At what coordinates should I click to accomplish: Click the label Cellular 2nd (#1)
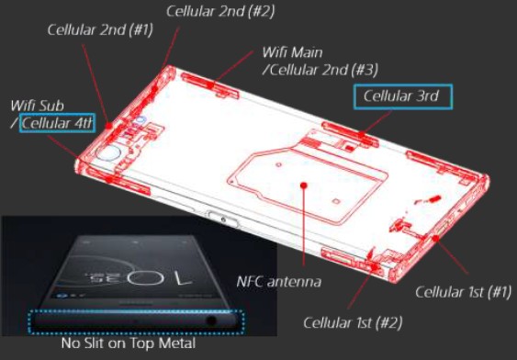point(100,30)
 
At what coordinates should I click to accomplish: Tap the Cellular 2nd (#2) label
point(220,11)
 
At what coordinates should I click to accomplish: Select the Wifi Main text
point(292,52)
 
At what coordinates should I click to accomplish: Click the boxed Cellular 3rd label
point(403,96)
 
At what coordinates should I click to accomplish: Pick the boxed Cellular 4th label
point(57,123)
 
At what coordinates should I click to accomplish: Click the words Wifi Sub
point(38,106)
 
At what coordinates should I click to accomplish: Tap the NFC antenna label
point(279,282)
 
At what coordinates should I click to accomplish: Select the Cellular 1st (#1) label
point(463,292)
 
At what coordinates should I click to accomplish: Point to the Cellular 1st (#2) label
point(353,322)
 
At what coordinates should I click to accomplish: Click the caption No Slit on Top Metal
point(129,343)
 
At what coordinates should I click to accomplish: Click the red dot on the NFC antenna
point(304,186)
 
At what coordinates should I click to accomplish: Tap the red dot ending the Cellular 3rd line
point(362,134)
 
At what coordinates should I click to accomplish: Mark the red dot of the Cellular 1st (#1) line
point(435,238)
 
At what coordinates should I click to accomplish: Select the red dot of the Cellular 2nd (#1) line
point(108,126)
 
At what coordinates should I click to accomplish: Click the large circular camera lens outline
point(107,153)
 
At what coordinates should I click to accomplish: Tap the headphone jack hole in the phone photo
point(211,321)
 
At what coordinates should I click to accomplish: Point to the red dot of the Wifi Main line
point(210,84)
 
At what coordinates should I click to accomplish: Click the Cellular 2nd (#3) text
point(320,70)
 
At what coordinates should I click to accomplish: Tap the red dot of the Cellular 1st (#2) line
point(374,266)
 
